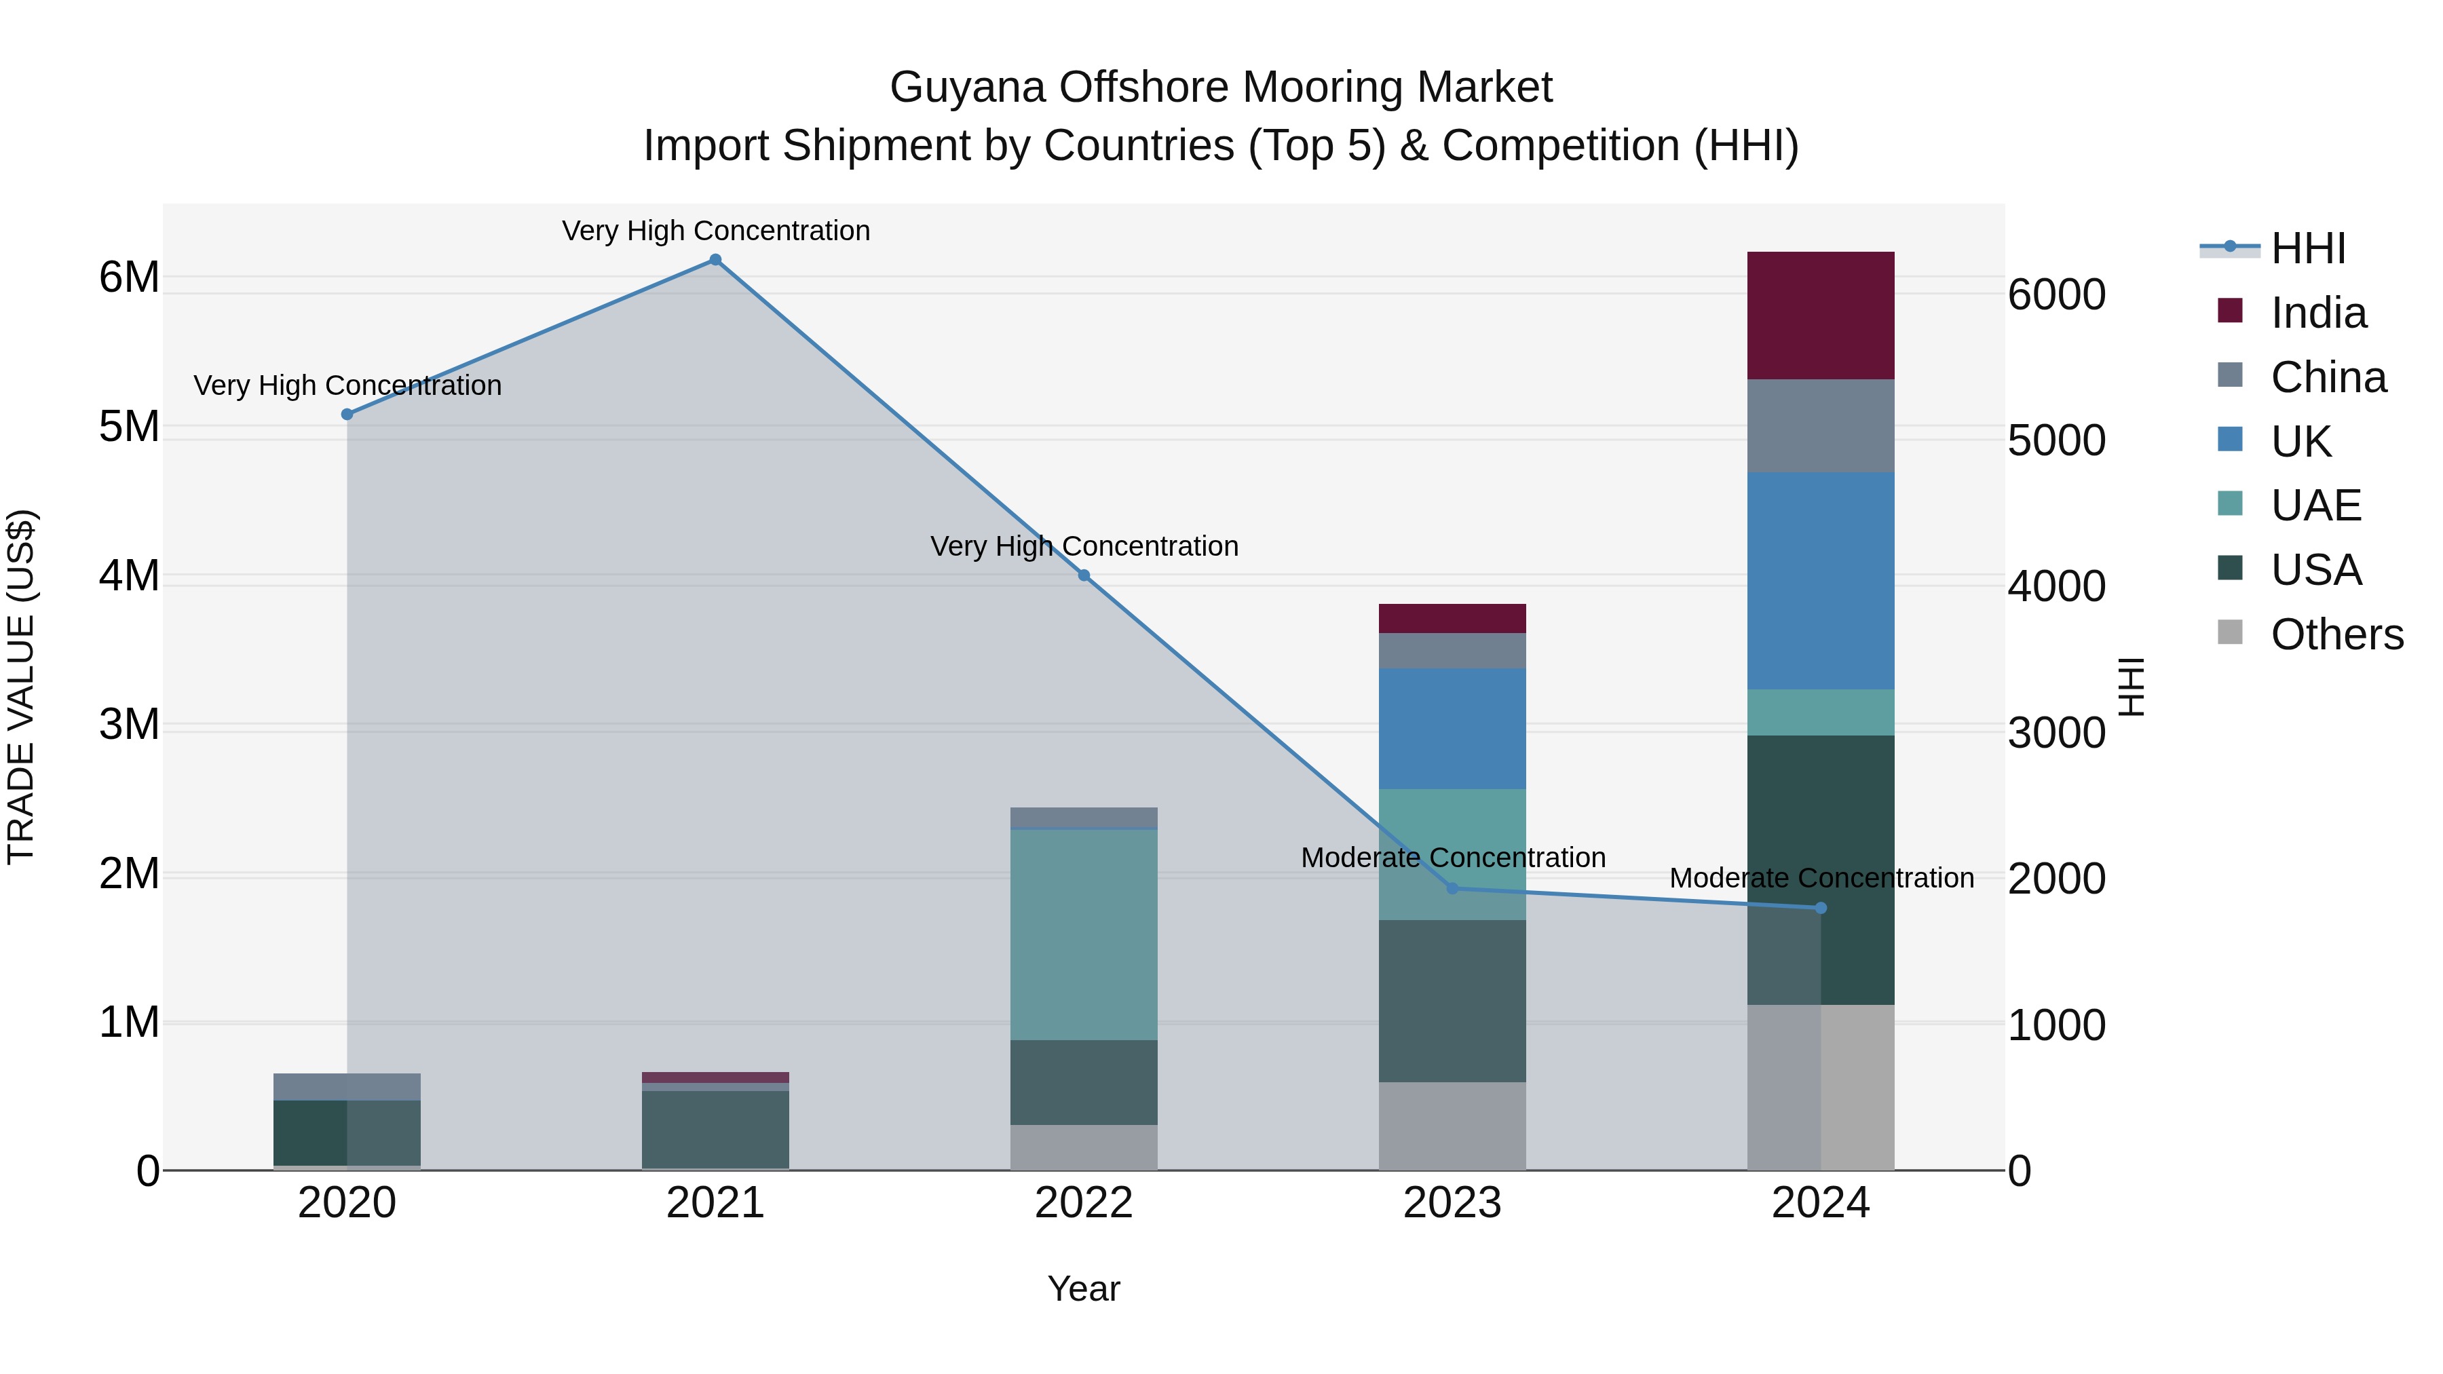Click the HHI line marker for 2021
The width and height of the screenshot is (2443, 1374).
tap(715, 260)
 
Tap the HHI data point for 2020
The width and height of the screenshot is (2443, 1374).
tap(347, 415)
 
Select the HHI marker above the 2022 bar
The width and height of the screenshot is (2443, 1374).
tap(1084, 575)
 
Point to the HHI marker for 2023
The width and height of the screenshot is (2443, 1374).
tap(1452, 888)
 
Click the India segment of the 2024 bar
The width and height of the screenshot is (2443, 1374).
tap(1820, 316)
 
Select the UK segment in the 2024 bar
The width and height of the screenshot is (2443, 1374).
tap(1820, 580)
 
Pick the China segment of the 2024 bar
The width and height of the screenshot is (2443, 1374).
tap(1820, 425)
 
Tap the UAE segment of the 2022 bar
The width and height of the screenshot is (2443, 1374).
tap(1083, 934)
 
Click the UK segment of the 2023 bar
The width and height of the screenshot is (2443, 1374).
tap(1452, 728)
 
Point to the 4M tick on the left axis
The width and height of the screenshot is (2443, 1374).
tap(129, 575)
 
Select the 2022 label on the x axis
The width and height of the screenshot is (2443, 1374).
tap(1083, 1203)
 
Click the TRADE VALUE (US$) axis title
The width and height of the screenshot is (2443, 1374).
tap(21, 687)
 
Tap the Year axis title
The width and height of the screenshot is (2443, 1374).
tap(1083, 1289)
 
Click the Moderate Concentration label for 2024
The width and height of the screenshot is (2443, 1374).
tap(1821, 878)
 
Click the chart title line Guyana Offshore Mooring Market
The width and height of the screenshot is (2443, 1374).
tap(1221, 88)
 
